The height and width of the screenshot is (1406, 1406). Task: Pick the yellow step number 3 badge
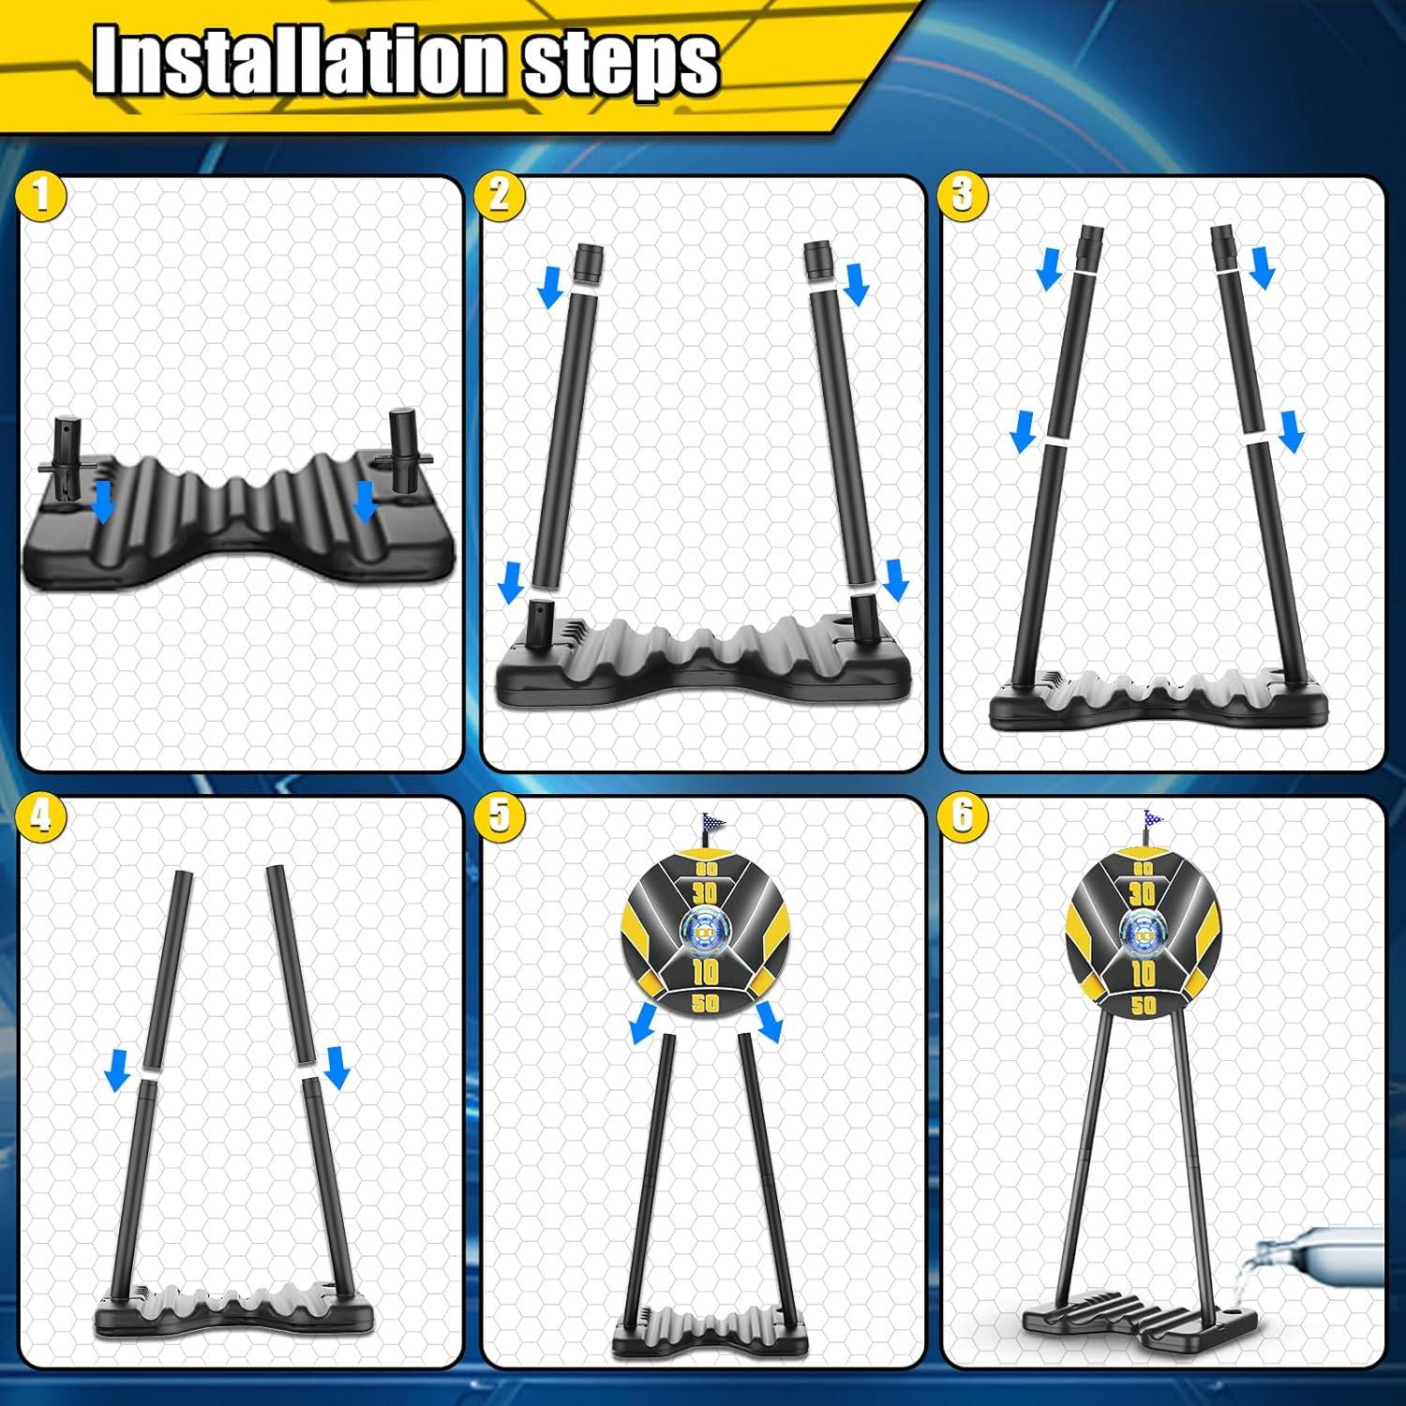coord(962,196)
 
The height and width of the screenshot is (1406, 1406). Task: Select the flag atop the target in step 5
coord(713,826)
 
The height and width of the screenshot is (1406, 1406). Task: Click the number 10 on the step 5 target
coord(705,971)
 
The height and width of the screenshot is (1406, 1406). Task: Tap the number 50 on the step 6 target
coord(1143,1005)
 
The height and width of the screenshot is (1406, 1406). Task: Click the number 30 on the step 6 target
coord(1142,893)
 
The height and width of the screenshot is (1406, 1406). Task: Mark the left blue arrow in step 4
coord(117,1070)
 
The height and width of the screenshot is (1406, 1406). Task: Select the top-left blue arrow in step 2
coord(552,288)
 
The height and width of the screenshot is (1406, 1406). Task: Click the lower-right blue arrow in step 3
coord(1291,432)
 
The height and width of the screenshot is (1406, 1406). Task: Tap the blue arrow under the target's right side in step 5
coord(770,1023)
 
